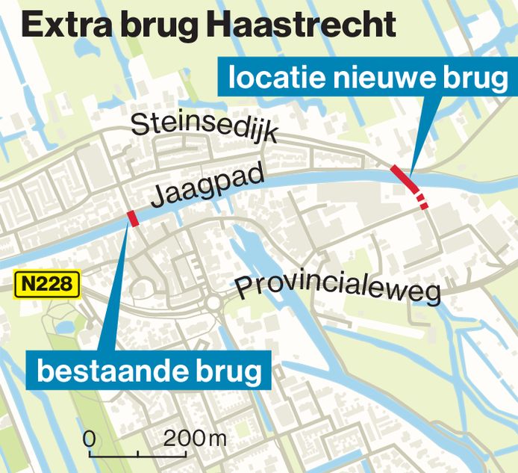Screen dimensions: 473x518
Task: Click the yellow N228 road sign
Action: point(46,284)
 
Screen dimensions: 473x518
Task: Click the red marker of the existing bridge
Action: point(134,218)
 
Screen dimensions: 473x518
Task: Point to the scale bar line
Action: point(139,454)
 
